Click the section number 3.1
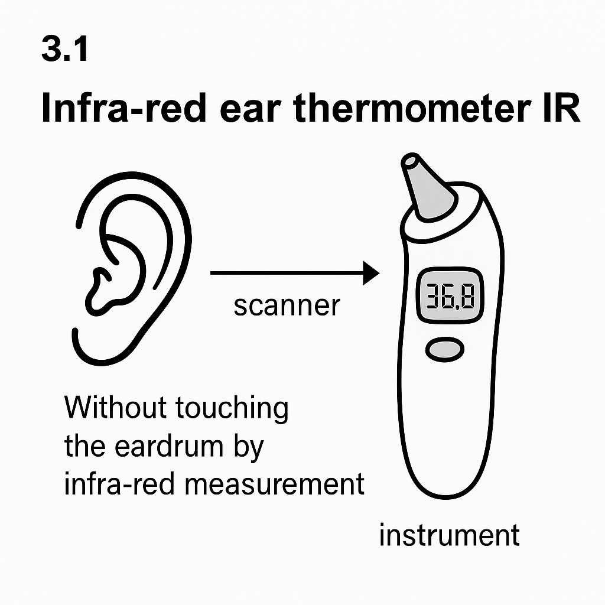(65, 48)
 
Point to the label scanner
(287, 306)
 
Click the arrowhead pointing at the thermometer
(371, 273)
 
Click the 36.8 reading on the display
(450, 296)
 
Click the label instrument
(450, 535)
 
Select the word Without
(115, 408)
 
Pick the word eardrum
(169, 447)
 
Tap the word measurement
(274, 484)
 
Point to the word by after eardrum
(249, 448)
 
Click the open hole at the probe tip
(410, 161)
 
